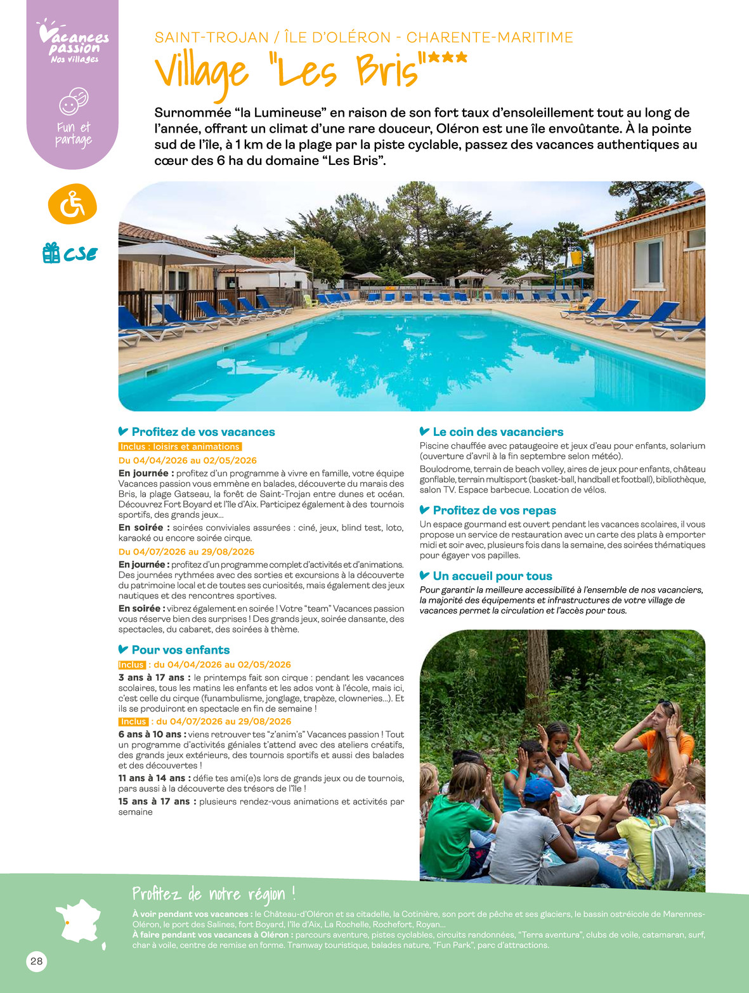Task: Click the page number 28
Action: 37,961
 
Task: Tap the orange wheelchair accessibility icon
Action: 72,205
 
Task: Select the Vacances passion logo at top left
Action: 73,42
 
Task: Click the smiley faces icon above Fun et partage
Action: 74,102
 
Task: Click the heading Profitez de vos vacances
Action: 203,432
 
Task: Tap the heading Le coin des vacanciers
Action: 498,432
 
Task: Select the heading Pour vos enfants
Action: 180,650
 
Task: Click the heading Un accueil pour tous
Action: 492,576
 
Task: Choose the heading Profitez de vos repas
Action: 494,511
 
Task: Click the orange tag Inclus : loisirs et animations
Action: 180,447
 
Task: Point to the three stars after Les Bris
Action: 447,57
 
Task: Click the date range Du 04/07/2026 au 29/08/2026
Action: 186,552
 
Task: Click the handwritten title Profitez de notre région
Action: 214,894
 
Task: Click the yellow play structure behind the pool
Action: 575,258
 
